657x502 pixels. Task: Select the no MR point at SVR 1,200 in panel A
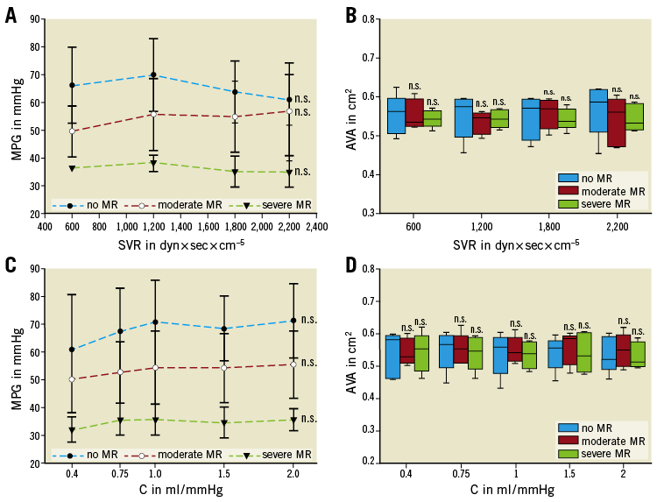[153, 75]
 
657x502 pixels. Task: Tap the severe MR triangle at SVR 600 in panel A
[73, 167]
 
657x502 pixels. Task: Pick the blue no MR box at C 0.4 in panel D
[392, 357]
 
